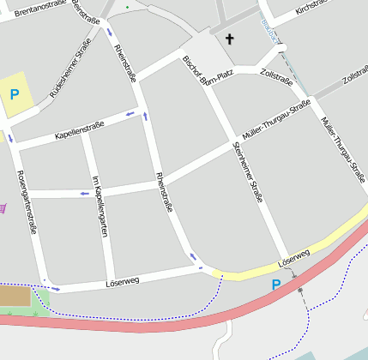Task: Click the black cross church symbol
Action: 229,39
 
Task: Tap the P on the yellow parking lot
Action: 14,94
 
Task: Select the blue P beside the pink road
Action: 276,285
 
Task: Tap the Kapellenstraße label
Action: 79,129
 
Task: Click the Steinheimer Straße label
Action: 247,172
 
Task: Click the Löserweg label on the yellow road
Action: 293,255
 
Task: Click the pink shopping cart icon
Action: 3,207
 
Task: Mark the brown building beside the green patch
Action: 15,297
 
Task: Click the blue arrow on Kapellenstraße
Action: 130,114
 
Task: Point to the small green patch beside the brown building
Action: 41,301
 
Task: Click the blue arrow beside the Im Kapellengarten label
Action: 84,193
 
